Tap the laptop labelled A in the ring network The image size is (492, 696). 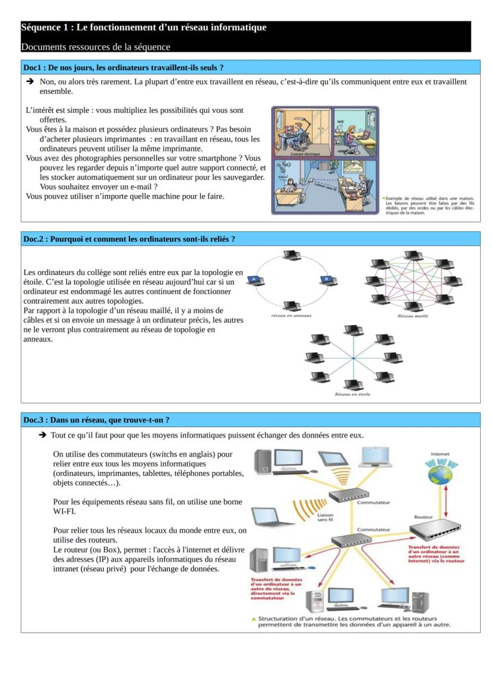255,280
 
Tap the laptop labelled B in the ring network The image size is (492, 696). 326,280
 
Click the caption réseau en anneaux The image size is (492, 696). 291,316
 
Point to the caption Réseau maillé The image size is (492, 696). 412,316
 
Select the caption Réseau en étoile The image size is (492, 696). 352,394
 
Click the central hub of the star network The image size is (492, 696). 353,358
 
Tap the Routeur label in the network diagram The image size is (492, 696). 423,517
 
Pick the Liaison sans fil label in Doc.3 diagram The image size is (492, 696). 326,517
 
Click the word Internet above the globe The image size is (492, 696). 440,454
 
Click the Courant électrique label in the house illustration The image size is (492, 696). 302,153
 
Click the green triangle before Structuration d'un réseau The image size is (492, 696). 254,619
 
